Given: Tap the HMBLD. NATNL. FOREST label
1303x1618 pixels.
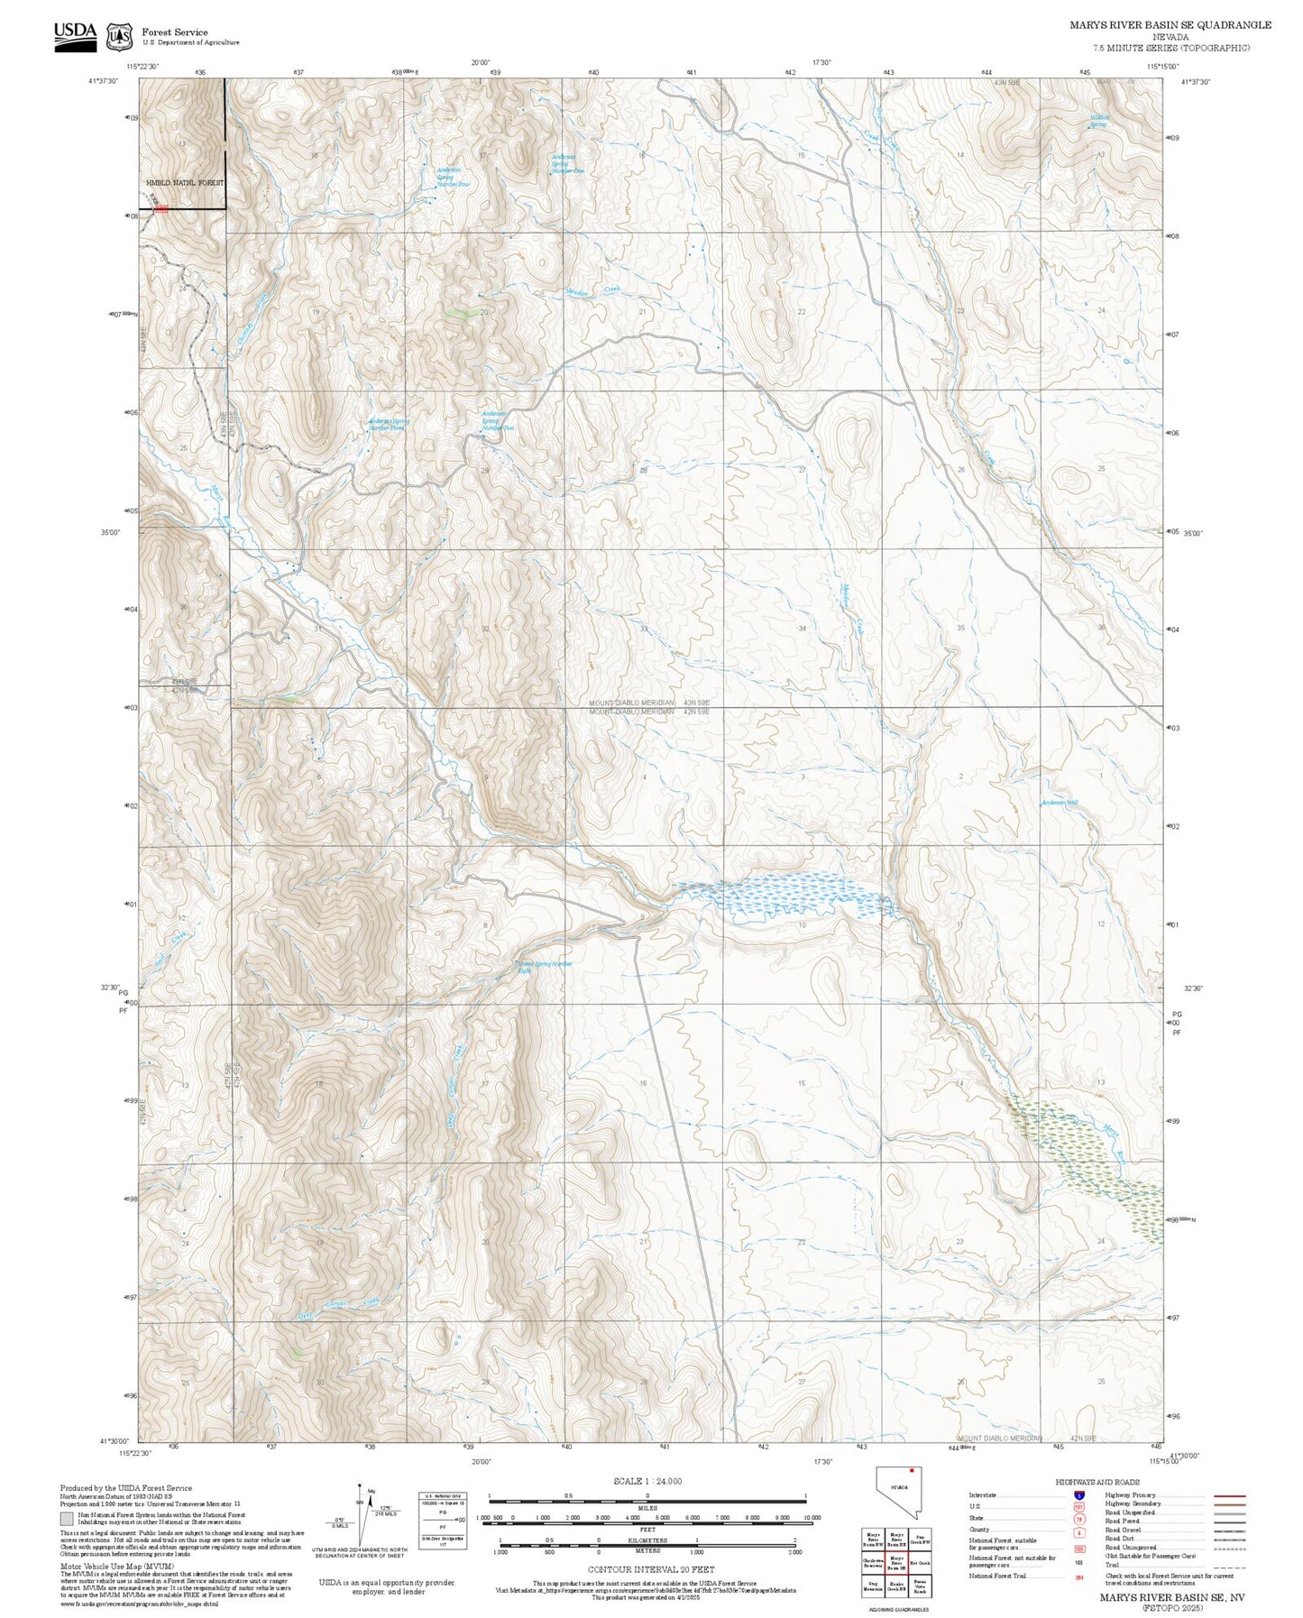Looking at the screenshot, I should tap(185, 183).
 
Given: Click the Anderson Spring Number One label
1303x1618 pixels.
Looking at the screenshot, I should tap(567, 163).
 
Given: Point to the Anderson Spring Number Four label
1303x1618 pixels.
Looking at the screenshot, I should tap(451, 177).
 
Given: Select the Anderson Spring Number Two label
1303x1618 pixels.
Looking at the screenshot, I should tap(497, 420).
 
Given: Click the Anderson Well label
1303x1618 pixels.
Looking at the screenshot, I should tap(1060, 803).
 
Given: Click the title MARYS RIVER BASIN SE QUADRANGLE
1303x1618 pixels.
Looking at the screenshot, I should tap(1170, 25).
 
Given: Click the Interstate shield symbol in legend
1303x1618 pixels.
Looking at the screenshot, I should tap(1079, 1496).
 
